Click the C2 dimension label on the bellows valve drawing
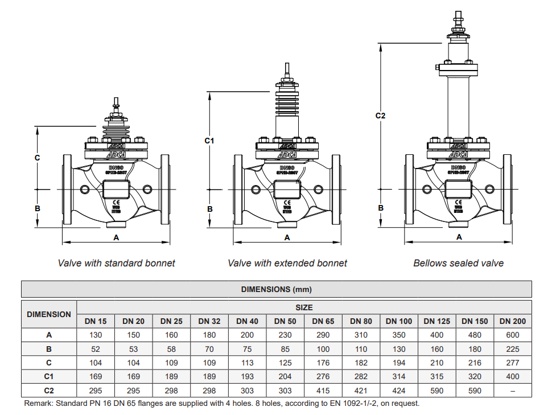(x=381, y=116)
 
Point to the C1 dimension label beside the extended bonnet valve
(x=209, y=140)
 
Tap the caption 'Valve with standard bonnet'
(x=117, y=263)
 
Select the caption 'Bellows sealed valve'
(x=458, y=263)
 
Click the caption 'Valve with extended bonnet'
(x=287, y=263)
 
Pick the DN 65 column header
(x=323, y=321)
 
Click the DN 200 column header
(x=512, y=321)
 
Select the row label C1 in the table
(x=49, y=376)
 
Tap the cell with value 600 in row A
(x=512, y=335)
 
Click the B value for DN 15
(x=96, y=349)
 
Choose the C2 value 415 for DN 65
(x=323, y=391)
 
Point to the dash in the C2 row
(x=512, y=391)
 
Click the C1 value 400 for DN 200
(x=512, y=376)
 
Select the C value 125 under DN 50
(x=285, y=363)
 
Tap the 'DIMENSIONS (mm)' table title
(x=276, y=289)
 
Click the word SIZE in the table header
(x=304, y=307)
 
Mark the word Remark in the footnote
(x=38, y=403)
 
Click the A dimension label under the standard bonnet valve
(x=116, y=237)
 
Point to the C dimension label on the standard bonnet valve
(x=37, y=158)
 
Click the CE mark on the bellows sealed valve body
(x=459, y=201)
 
